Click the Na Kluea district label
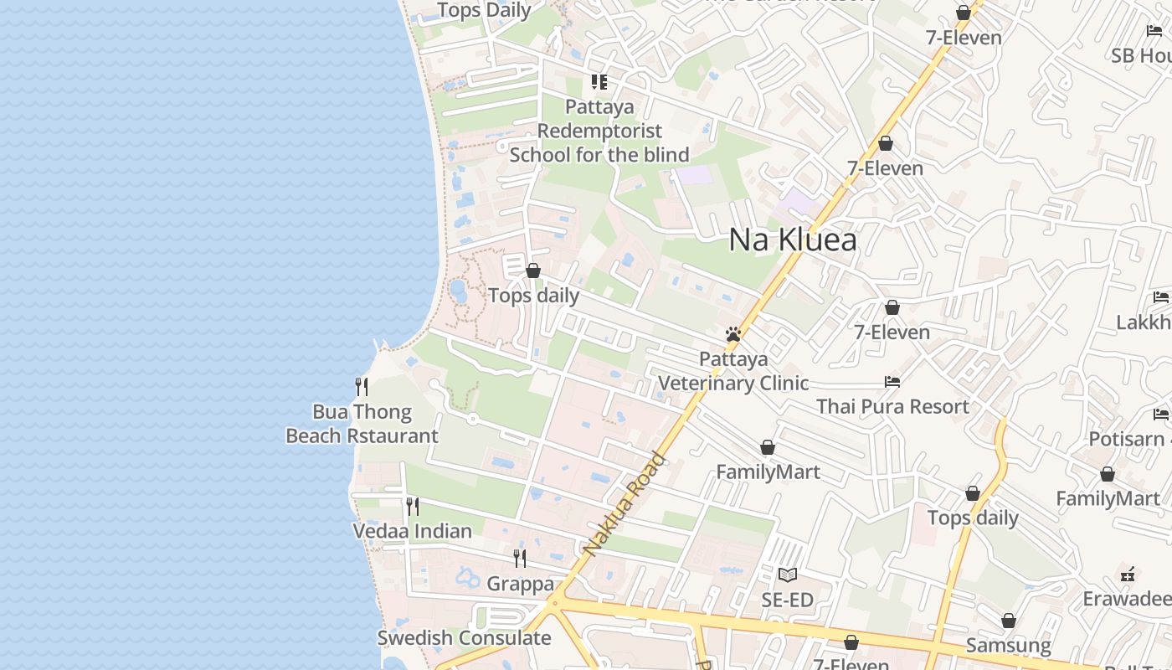(x=793, y=240)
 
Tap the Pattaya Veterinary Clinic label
(x=733, y=371)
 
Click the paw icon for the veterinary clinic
(x=733, y=335)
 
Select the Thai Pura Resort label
(x=892, y=406)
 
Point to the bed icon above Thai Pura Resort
(x=892, y=382)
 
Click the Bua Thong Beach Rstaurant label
(x=362, y=424)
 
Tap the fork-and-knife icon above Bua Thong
(x=362, y=386)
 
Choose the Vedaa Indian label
(x=412, y=531)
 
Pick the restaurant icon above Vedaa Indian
(x=412, y=506)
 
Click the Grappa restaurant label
(x=520, y=584)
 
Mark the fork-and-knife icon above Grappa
(x=520, y=558)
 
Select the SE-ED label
(x=787, y=600)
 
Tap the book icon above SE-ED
(x=787, y=575)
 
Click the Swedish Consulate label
(x=464, y=637)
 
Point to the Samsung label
(x=1008, y=645)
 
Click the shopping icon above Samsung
(x=1008, y=621)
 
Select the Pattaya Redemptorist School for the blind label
(x=599, y=131)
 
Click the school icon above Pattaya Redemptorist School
(x=599, y=82)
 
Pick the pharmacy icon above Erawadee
(x=1128, y=575)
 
